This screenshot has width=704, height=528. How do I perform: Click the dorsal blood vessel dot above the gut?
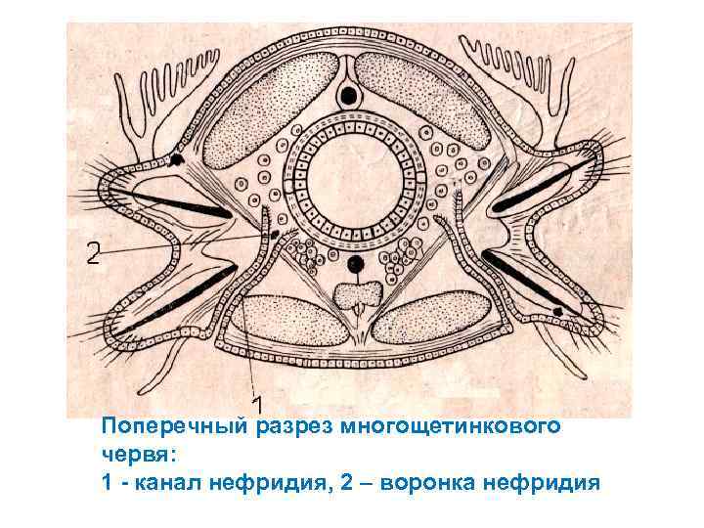(346, 96)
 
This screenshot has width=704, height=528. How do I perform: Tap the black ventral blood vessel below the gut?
(355, 264)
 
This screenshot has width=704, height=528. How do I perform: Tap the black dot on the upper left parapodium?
(176, 159)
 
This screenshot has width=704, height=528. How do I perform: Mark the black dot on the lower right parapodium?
(557, 311)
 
